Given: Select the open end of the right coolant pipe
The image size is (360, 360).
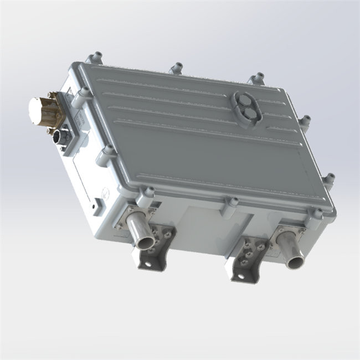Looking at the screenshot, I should tap(295, 260).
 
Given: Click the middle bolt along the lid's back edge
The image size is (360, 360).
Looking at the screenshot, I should tap(177, 68).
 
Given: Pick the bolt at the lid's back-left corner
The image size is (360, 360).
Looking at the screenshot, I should tap(95, 56).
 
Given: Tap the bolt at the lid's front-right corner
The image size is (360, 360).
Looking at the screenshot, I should tap(316, 213).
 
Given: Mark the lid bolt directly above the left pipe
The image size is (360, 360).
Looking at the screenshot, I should tap(148, 192).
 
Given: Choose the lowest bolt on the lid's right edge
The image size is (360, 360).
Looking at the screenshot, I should tap(329, 178).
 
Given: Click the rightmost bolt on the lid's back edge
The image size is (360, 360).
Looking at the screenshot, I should tap(258, 78).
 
